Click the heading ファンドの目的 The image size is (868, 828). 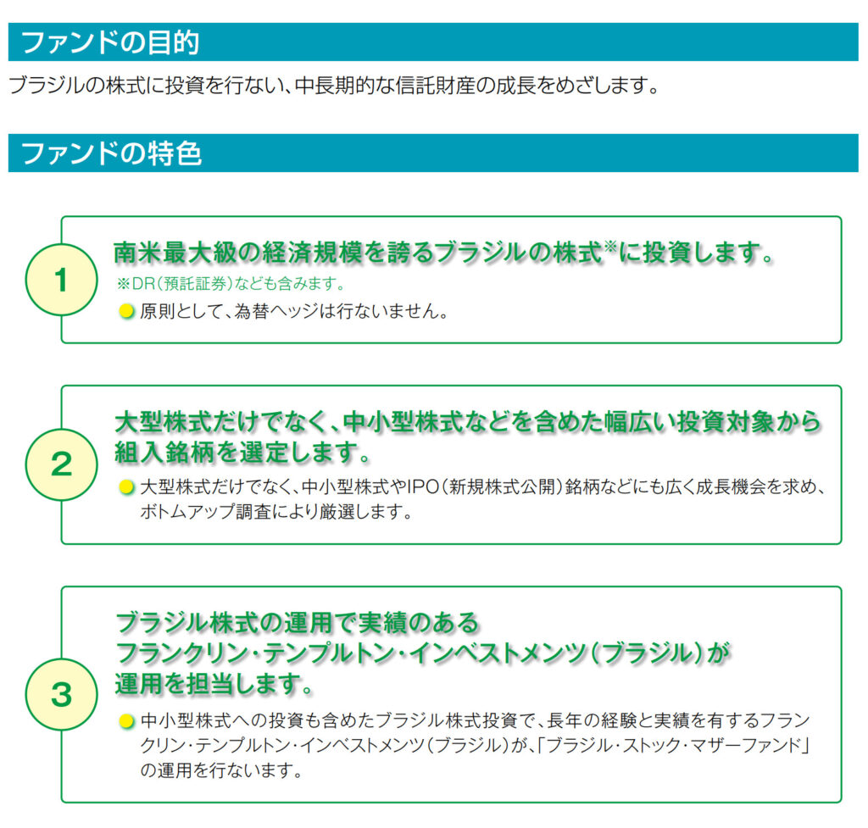pos(109,42)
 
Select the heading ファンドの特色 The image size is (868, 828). pos(109,153)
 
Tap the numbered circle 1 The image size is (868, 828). pos(61,281)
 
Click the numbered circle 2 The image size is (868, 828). pos(61,464)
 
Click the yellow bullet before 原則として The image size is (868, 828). pos(126,311)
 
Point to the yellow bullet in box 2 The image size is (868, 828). pos(126,488)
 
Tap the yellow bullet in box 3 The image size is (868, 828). pos(126,721)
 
